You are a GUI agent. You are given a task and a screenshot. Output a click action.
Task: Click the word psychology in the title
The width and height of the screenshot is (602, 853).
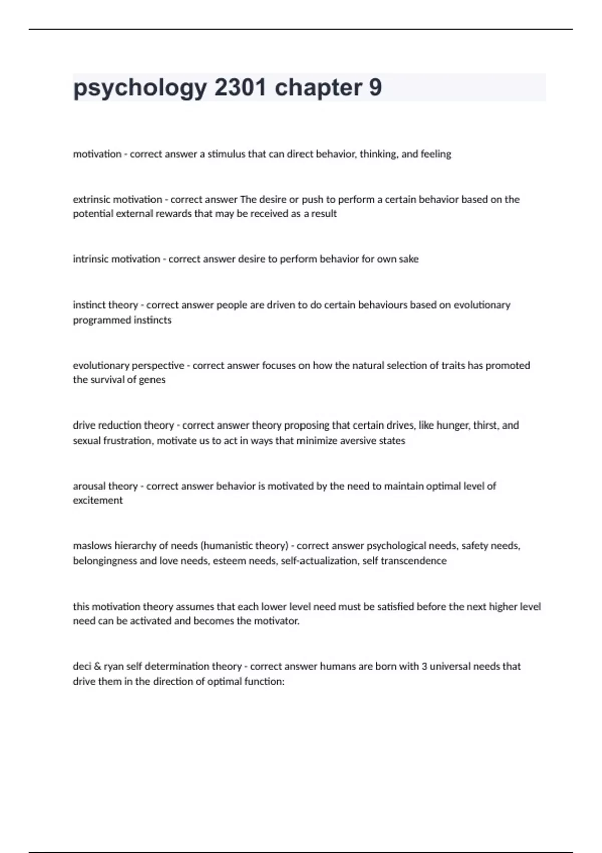point(140,88)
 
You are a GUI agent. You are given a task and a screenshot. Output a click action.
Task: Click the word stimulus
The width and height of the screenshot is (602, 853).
point(226,154)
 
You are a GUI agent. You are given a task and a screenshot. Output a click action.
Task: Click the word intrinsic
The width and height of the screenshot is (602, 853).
point(90,259)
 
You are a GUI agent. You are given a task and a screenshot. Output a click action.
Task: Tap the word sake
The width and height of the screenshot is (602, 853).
point(408,259)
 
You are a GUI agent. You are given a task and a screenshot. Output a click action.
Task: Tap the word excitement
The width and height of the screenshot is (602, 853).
point(98,500)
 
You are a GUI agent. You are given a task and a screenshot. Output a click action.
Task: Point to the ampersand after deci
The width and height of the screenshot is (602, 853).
point(97,666)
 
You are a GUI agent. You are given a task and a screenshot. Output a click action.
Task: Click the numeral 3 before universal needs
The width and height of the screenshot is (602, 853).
point(424,666)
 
